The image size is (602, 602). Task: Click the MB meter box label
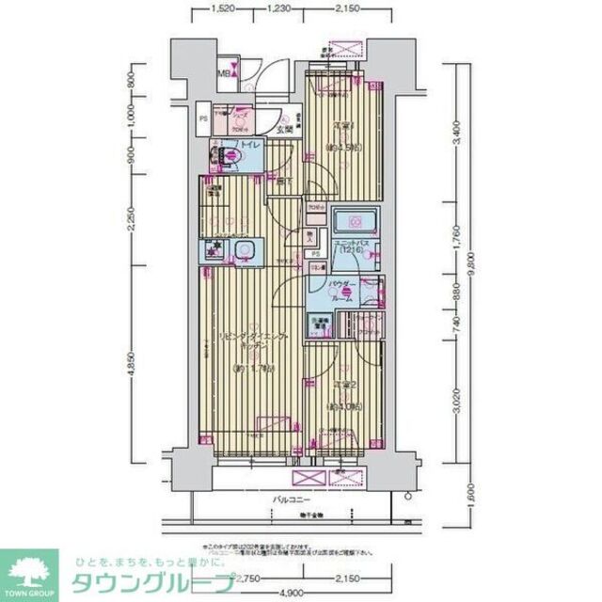pyautogui.click(x=226, y=71)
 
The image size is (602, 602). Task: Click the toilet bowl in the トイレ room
pyautogui.click(x=230, y=156)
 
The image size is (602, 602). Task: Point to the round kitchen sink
pyautogui.click(x=246, y=250)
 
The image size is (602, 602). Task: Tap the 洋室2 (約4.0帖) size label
pyautogui.click(x=343, y=406)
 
